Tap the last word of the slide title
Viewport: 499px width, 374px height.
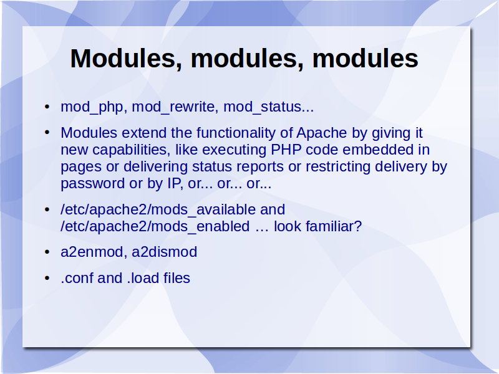pos(366,58)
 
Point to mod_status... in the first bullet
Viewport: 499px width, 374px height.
pos(269,107)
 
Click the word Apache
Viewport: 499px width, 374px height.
pos(321,133)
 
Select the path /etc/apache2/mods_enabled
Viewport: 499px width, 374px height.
pos(155,227)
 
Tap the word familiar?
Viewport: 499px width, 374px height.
pos(334,226)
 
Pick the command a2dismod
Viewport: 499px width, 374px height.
pos(164,252)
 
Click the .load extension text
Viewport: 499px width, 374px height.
pos(143,278)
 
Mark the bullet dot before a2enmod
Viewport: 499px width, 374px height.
pos(47,252)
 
